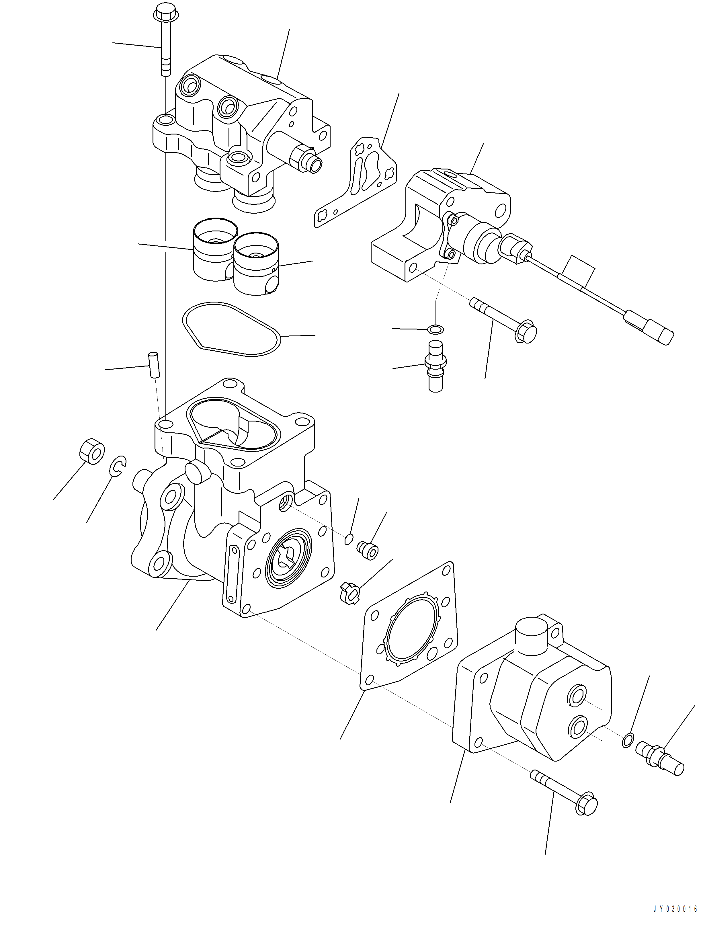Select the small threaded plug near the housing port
[x=368, y=550]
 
